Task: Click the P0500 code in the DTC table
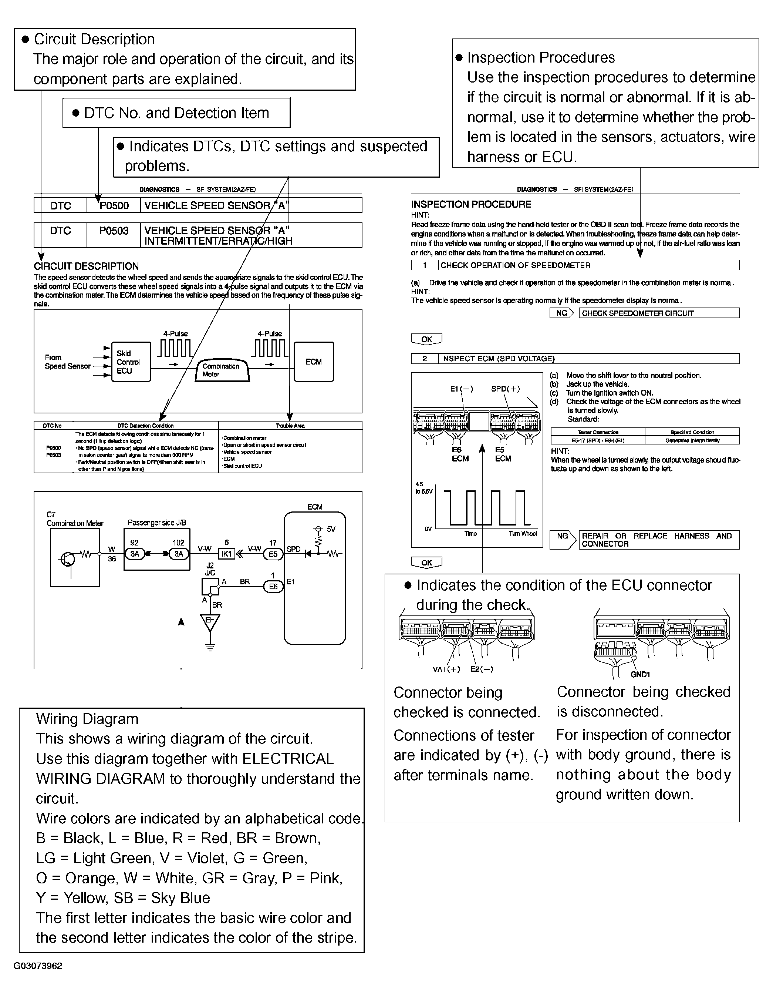(114, 206)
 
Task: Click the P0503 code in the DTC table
(114, 231)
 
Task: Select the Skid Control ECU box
(131, 362)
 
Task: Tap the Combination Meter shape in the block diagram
(223, 370)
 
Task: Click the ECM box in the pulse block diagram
(314, 362)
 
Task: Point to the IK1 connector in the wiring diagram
(227, 554)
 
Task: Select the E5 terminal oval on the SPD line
(273, 554)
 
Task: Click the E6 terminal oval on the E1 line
(273, 587)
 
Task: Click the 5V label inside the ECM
(331, 530)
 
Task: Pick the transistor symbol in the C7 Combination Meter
(68, 559)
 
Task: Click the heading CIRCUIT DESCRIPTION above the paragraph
(86, 266)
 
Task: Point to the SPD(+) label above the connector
(505, 389)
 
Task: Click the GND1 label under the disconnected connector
(640, 675)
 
